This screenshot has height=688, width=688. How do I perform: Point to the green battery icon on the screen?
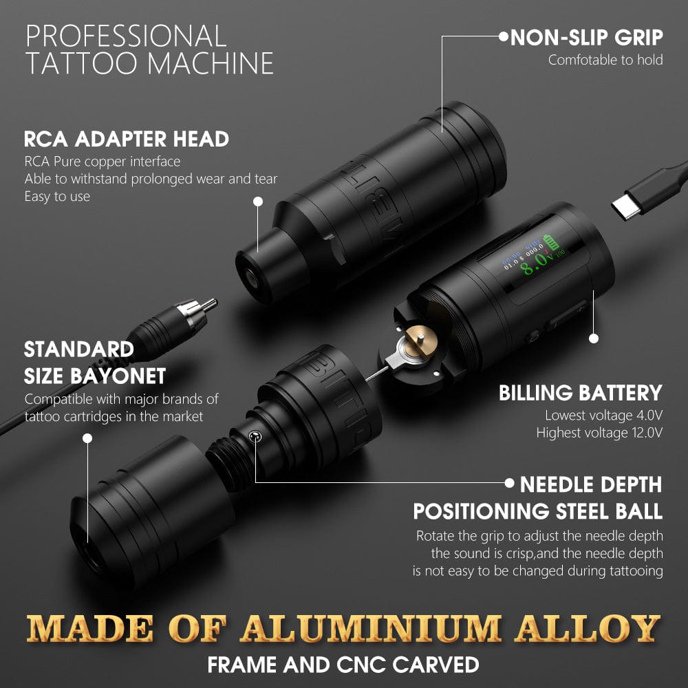(552, 241)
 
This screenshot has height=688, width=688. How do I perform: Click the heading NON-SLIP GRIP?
(587, 36)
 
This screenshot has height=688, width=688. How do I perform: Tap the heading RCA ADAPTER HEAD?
(126, 138)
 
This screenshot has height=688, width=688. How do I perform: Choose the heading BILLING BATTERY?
(580, 393)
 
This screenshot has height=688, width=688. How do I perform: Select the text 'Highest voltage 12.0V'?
(599, 433)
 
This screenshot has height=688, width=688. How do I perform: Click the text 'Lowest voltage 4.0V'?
(603, 416)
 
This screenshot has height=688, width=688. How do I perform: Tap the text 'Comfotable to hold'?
(605, 60)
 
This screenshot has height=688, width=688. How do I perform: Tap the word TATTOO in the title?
(83, 63)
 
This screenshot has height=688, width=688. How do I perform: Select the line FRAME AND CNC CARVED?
(343, 665)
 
